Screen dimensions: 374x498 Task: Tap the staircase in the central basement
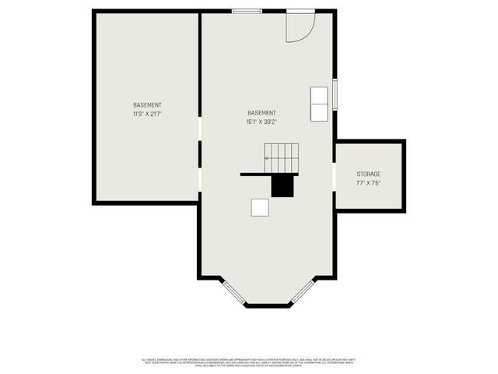pyautogui.click(x=282, y=158)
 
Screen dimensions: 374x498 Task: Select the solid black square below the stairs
pyautogui.click(x=282, y=185)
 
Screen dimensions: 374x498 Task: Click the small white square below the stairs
pyautogui.click(x=260, y=207)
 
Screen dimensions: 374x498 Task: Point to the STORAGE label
pyautogui.click(x=369, y=174)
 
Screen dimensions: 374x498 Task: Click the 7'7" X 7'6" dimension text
pyautogui.click(x=369, y=183)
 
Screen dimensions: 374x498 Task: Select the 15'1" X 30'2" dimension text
pyautogui.click(x=261, y=122)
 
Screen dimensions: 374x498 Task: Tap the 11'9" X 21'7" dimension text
pyautogui.click(x=147, y=114)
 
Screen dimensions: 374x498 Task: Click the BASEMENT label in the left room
pyautogui.click(x=147, y=105)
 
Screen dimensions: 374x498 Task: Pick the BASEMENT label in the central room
pyautogui.click(x=261, y=113)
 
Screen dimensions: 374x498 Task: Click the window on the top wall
pyautogui.click(x=247, y=11)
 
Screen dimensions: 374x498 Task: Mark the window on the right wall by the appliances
pyautogui.click(x=335, y=93)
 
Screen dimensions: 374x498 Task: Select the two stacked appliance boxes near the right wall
pyautogui.click(x=320, y=104)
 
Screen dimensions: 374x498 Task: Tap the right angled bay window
pyautogui.click(x=303, y=291)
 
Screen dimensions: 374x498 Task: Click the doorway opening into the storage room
pyautogui.click(x=335, y=176)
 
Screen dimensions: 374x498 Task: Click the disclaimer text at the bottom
pyautogui.click(x=249, y=362)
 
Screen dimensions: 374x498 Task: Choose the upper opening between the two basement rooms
pyautogui.click(x=200, y=129)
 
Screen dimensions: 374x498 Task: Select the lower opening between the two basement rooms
pyautogui.click(x=200, y=179)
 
